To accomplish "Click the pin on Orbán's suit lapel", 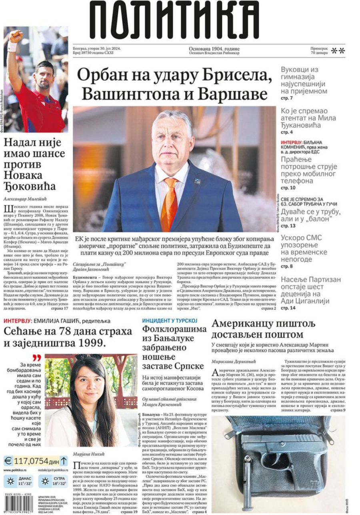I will tap(197, 181).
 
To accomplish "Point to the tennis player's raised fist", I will tap(16, 37).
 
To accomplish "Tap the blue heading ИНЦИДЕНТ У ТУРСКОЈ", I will tap(170, 321).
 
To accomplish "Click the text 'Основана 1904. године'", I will tap(214, 48).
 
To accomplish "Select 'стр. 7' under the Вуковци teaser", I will tap(287, 98).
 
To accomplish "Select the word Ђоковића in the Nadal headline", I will tap(30, 186).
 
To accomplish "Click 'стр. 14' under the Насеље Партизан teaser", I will tap(288, 308).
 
